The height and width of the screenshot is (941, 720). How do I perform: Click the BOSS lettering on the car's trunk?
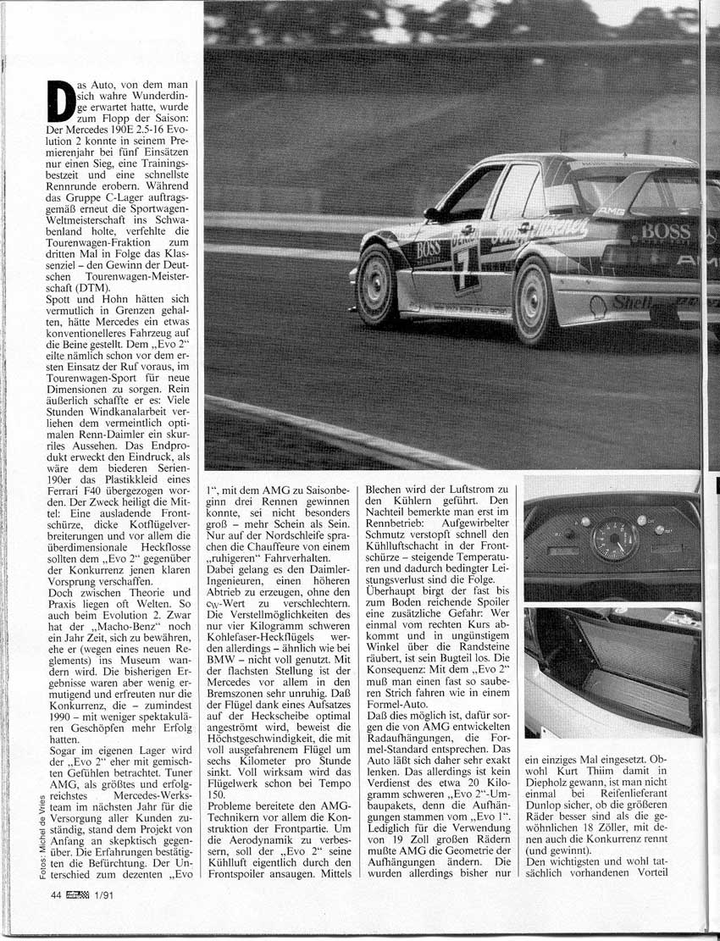click(x=667, y=231)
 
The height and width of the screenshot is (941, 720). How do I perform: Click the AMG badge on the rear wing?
click(x=609, y=210)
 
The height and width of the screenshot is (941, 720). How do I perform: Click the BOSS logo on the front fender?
click(x=426, y=248)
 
